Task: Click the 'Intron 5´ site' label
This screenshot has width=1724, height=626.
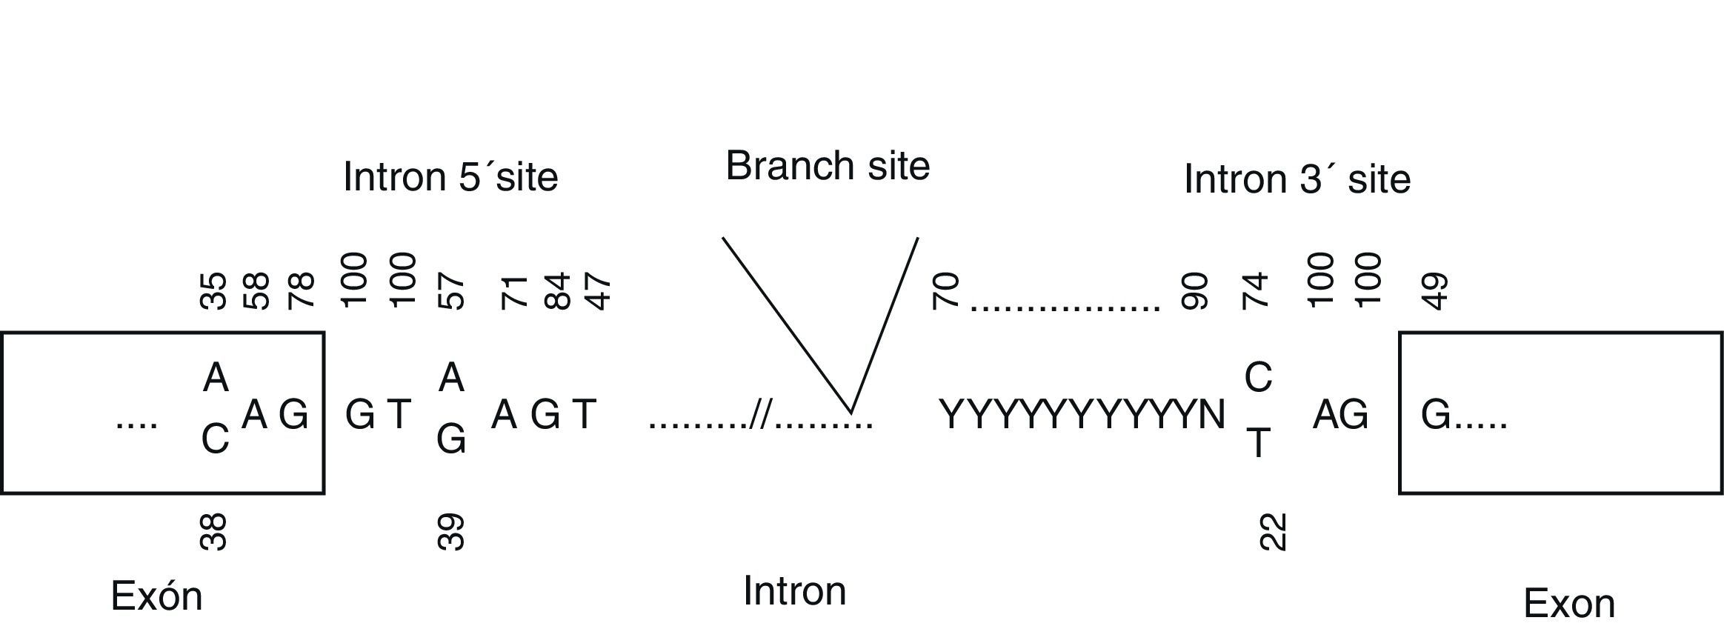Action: point(450,178)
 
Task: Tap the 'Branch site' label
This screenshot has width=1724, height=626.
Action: point(827,166)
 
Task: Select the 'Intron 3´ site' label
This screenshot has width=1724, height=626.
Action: point(1297,179)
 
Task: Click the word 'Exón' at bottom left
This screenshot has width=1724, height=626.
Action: point(156,596)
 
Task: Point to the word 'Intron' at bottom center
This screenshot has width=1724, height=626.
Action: point(794,591)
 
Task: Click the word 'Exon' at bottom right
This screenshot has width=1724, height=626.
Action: point(1568,604)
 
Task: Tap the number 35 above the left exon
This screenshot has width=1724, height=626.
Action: point(214,290)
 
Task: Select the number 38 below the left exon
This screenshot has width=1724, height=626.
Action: point(214,532)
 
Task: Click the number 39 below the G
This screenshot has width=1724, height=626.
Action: point(451,532)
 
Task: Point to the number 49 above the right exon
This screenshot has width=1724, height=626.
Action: point(1436,290)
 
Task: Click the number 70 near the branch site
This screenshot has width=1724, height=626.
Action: point(947,290)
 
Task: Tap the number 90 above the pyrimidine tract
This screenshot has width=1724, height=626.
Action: point(1195,290)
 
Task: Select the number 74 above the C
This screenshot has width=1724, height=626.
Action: point(1256,290)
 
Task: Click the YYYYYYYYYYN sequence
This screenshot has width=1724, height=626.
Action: point(1082,415)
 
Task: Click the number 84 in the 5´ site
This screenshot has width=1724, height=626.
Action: point(557,290)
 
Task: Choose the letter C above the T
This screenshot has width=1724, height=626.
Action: point(1258,378)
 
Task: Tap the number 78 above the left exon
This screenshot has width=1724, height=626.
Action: point(302,290)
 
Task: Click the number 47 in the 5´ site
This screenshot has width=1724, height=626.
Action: point(598,290)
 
